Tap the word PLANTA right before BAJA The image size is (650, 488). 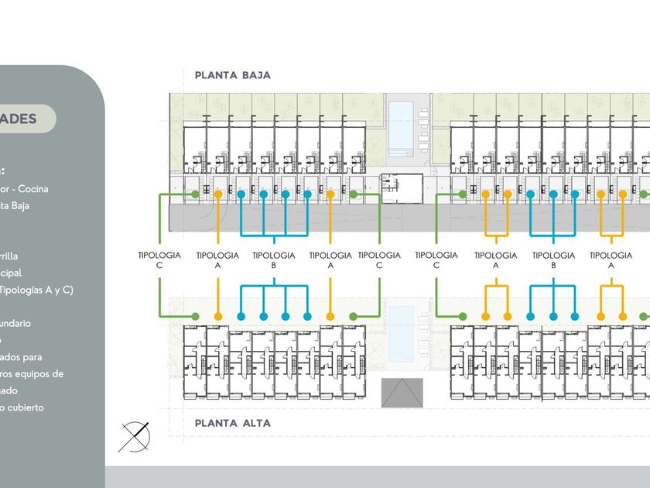pyautogui.click(x=215, y=75)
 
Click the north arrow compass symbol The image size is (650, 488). pyautogui.click(x=134, y=436)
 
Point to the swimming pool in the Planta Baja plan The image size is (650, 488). pyautogui.click(x=400, y=125)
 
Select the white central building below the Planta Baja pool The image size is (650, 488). pyautogui.click(x=402, y=189)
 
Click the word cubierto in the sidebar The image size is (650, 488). pyautogui.click(x=26, y=407)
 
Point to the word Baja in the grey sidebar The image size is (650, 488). pyautogui.click(x=21, y=206)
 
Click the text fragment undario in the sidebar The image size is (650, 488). pyautogui.click(x=15, y=324)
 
